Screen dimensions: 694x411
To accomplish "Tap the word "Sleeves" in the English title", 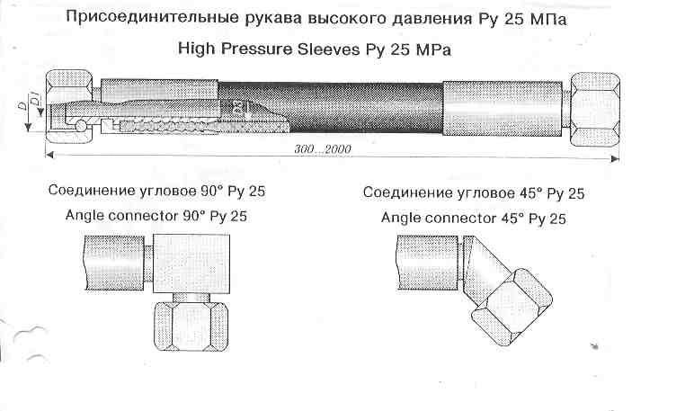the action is [328, 49].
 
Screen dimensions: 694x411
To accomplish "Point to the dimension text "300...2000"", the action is [323, 148].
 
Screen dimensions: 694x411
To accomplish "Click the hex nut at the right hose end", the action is [595, 110].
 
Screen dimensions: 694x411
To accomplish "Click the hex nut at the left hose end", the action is [69, 106].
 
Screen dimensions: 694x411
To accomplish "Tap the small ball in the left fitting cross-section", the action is [81, 126].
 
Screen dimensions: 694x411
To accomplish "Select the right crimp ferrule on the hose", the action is [503, 109].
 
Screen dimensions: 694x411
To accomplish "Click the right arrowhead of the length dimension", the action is [615, 158].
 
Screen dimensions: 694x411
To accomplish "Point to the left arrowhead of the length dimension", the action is [50, 154].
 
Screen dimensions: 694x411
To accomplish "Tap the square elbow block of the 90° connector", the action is [191, 264].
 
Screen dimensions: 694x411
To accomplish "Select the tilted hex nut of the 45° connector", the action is [512, 307].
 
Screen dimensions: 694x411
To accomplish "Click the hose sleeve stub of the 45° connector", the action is [427, 263].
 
